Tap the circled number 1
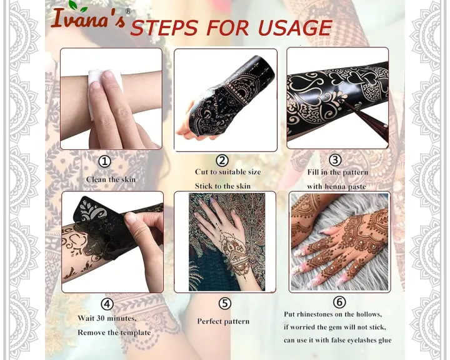click(105, 161)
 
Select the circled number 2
click(222, 161)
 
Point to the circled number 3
click(336, 161)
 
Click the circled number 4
click(107, 304)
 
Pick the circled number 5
click(224, 304)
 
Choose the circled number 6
click(339, 302)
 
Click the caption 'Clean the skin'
click(111, 179)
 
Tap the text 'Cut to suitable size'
click(227, 172)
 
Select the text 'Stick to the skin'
click(222, 186)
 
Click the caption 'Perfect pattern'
click(223, 321)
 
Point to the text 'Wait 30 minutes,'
click(107, 318)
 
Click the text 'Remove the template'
click(114, 332)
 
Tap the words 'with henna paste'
click(336, 186)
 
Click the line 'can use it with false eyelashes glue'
click(337, 340)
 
